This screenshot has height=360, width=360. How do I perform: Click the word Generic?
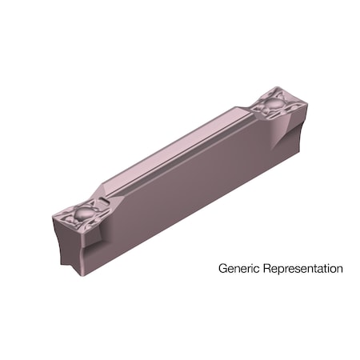[237, 269]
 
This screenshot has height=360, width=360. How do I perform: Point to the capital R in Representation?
[262, 268]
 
